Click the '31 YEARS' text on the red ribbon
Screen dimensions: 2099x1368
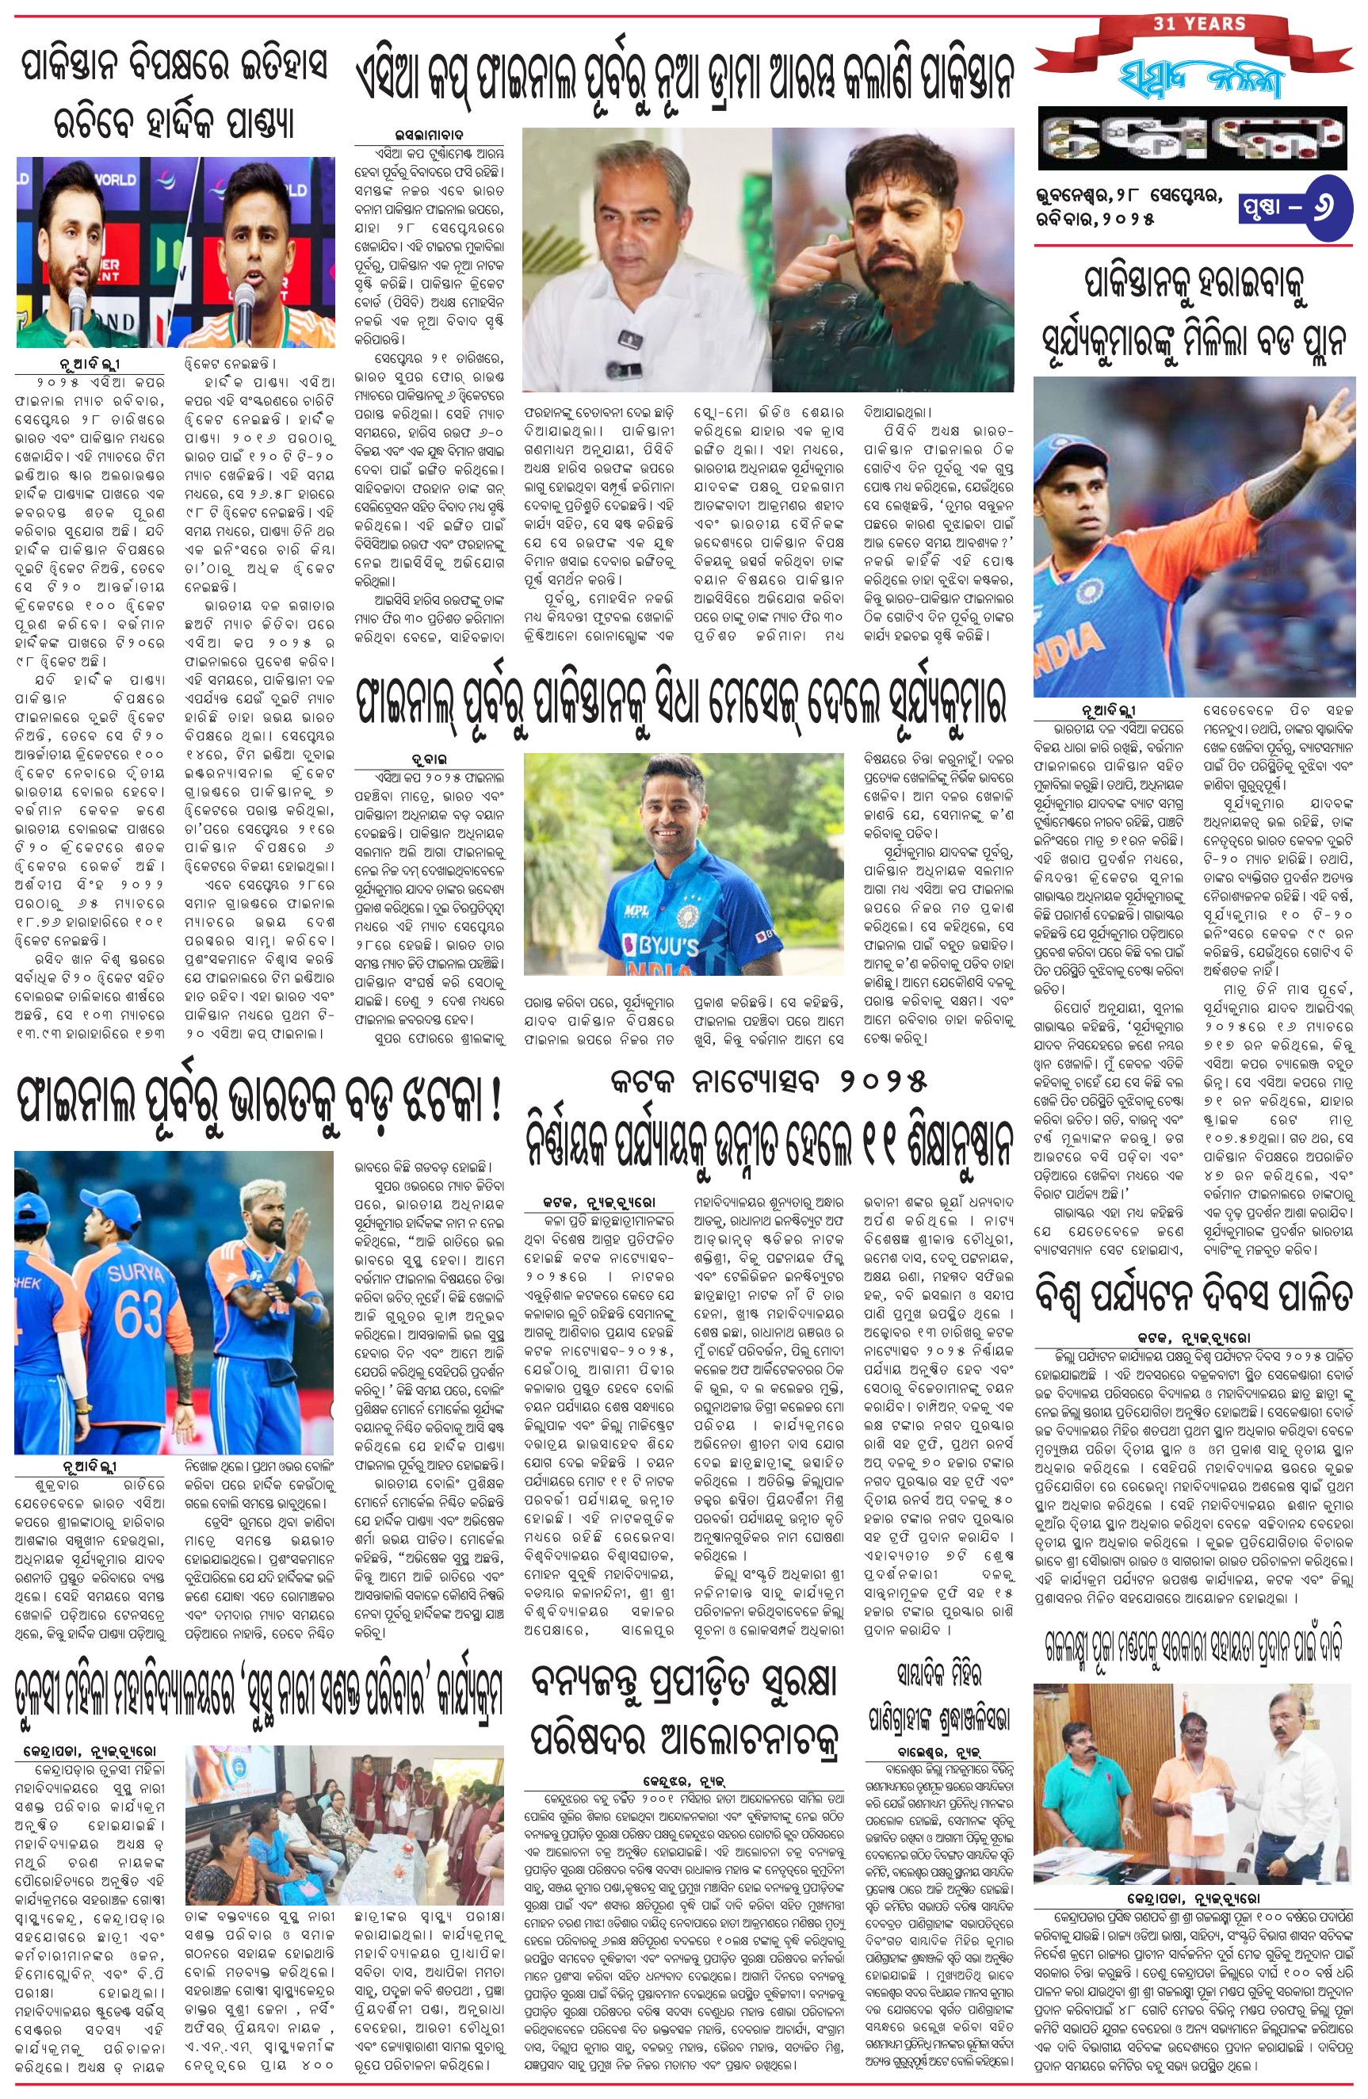coord(1198,23)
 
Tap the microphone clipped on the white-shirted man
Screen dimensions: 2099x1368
coord(627,340)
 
